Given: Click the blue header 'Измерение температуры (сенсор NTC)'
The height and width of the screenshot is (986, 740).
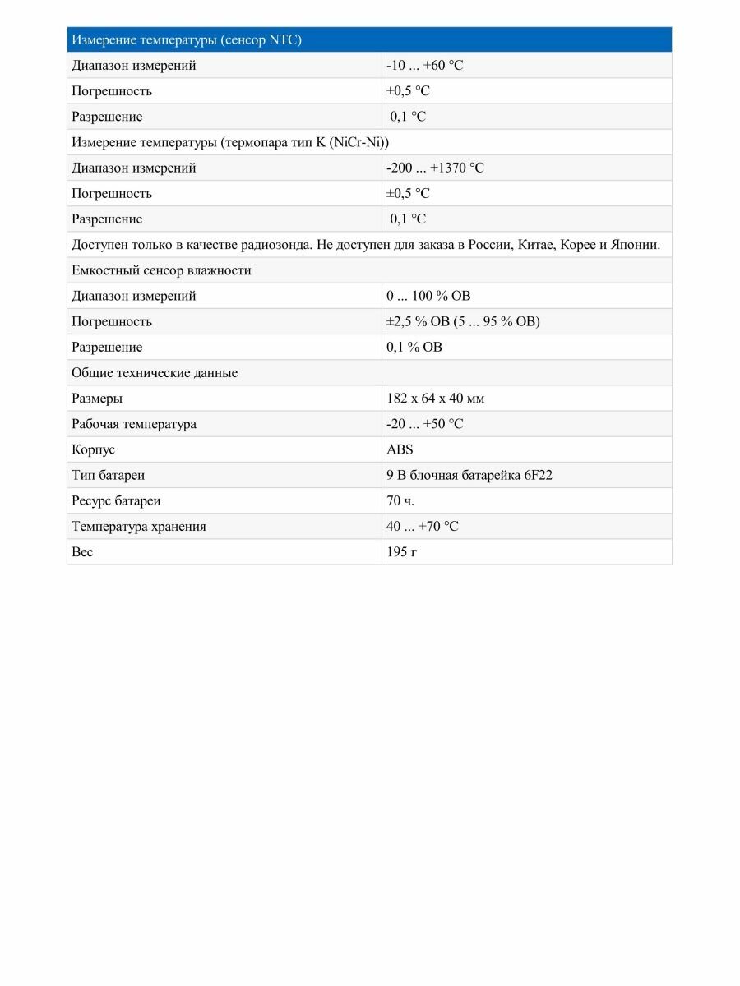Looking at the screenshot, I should pos(186,40).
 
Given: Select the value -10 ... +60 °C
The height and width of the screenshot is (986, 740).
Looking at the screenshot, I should pos(424,66).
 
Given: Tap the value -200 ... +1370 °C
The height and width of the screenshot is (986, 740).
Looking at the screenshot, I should pos(435,168).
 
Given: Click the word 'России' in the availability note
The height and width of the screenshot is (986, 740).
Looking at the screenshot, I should pos(488,245).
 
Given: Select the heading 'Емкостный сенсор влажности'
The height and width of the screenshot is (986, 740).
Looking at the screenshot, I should pos(161,270).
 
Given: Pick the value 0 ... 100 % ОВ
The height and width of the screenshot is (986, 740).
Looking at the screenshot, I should pos(428,296).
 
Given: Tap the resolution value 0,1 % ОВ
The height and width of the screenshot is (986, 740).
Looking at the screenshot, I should pos(414,347).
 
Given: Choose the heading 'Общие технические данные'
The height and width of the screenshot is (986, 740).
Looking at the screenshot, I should pos(155,372).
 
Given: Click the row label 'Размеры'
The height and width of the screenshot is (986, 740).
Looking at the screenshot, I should pos(97,399).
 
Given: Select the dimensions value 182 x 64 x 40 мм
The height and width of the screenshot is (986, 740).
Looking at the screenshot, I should pos(435,399).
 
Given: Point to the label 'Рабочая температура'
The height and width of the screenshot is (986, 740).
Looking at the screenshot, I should pos(134,424).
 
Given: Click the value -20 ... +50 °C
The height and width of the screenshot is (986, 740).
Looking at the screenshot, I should pos(424,424).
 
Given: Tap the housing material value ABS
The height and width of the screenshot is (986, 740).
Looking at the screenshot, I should pos(400,449).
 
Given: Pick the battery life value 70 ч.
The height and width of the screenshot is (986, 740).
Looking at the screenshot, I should pos(400,500).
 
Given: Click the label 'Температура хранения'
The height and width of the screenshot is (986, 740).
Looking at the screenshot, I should pos(138,526).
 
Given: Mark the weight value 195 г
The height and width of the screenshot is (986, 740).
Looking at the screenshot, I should pos(401,551).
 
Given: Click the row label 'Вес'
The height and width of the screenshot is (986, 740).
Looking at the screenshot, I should pos(82,551).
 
